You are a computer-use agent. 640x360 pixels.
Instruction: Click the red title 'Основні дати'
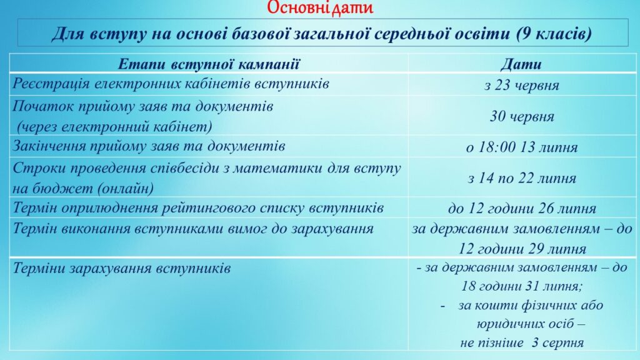[320, 7]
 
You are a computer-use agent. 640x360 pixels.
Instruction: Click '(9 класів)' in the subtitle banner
[554, 34]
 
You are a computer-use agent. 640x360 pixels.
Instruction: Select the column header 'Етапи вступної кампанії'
[209, 64]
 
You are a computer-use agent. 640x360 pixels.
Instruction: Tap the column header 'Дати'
[521, 64]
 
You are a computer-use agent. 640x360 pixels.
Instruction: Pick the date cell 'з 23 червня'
[522, 85]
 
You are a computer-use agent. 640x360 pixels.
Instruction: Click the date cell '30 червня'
[522, 117]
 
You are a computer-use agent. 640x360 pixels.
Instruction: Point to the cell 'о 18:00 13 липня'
[522, 147]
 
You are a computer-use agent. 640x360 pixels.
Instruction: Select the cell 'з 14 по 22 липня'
[522, 178]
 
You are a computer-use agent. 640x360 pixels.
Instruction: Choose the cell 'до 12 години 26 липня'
[522, 209]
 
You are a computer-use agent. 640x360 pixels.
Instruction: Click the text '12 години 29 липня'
[522, 249]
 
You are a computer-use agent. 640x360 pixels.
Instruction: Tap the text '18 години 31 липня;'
[522, 286]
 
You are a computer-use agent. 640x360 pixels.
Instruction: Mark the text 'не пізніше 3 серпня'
[522, 342]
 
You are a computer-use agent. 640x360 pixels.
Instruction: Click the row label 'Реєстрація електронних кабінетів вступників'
[171, 84]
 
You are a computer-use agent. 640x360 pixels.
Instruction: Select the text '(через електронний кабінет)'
[114, 127]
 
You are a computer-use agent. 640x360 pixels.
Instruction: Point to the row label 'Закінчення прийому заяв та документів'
[149, 146]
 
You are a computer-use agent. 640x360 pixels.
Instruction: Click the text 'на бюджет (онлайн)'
[83, 188]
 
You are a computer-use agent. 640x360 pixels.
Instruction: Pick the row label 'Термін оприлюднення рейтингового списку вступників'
[198, 207]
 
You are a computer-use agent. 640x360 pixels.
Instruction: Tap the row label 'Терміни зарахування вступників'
[122, 268]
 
